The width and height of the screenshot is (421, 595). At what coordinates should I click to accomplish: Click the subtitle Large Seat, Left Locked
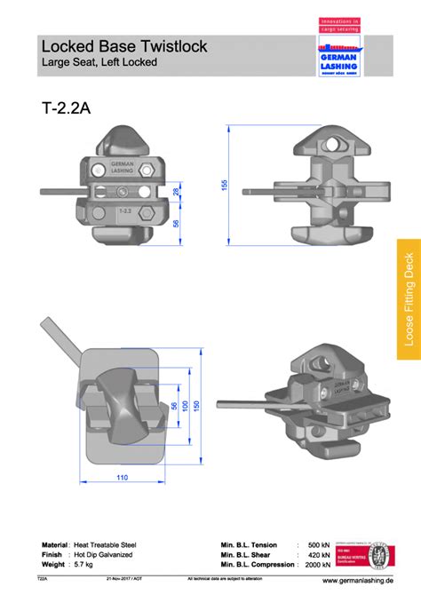point(99,62)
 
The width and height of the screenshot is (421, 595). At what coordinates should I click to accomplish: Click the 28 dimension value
point(176,191)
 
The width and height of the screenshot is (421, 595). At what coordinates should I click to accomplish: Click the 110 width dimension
point(122,479)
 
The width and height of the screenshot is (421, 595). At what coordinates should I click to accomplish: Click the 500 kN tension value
point(318,544)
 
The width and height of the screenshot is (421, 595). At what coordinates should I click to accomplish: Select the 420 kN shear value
point(318,554)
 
